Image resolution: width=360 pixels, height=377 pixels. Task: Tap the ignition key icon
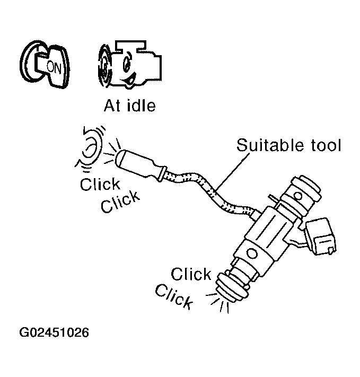(45, 64)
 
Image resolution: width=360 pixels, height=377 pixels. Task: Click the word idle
(141, 106)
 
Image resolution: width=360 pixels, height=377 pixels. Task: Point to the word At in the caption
(112, 106)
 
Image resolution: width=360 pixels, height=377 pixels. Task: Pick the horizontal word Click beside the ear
(100, 185)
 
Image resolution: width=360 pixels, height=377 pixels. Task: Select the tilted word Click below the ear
(121, 201)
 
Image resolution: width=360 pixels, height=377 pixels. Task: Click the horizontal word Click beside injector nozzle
(191, 274)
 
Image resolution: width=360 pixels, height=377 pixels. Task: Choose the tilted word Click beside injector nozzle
(173, 297)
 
